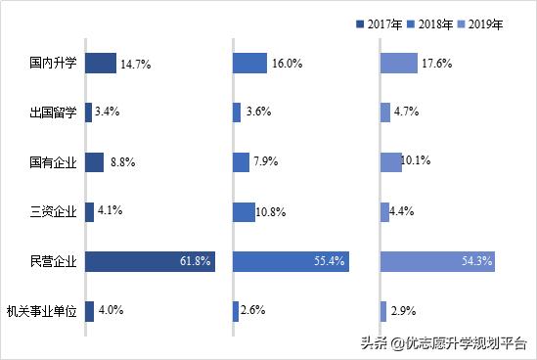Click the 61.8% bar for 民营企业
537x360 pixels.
(x=150, y=261)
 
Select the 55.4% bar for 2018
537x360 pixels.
(x=291, y=261)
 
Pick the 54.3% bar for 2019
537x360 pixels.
(x=437, y=261)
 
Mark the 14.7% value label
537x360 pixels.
(x=135, y=64)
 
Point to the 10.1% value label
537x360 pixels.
(x=419, y=159)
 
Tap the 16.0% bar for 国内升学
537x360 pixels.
(x=249, y=64)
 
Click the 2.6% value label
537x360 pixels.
(x=253, y=310)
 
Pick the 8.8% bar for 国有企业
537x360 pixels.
(x=95, y=162)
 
